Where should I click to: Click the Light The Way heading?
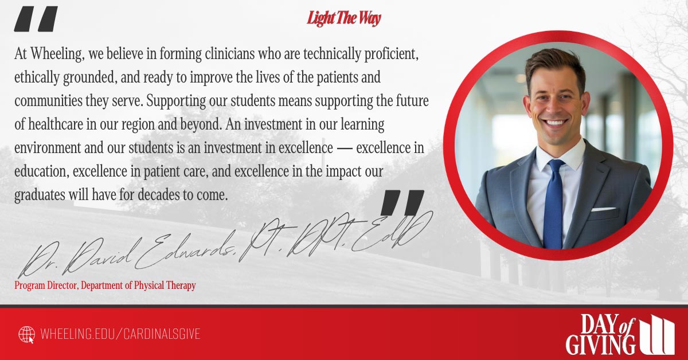click(343, 18)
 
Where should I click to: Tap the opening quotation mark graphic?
click(36, 19)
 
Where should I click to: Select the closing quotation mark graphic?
click(402, 203)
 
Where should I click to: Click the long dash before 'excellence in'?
click(344, 148)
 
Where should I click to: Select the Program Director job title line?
click(105, 285)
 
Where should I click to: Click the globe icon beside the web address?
click(27, 334)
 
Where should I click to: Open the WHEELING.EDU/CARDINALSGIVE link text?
click(120, 334)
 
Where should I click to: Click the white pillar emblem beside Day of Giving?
click(657, 335)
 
